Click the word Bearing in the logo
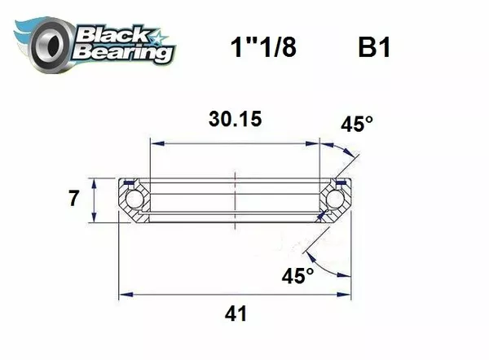122,51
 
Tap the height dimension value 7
74,198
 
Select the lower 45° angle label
297,275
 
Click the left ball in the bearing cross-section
134,199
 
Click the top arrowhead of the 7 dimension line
96,182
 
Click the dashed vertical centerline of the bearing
235,198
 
